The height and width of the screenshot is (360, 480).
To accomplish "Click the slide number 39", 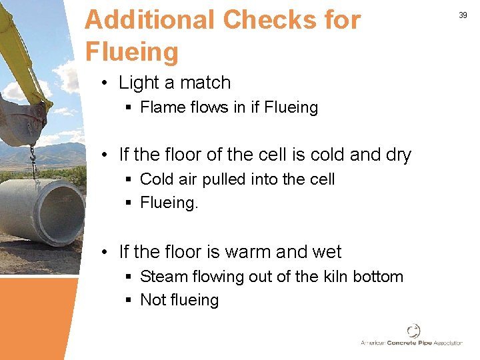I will click(463, 15).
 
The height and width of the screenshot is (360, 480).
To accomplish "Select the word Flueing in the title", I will click(132, 51).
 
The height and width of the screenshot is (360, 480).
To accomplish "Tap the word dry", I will click(397, 155).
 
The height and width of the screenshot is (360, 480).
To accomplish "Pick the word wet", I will click(325, 252).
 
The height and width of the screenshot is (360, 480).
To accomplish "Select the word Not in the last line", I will click(153, 300).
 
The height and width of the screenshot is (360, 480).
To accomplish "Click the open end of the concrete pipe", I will click(63, 211).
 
